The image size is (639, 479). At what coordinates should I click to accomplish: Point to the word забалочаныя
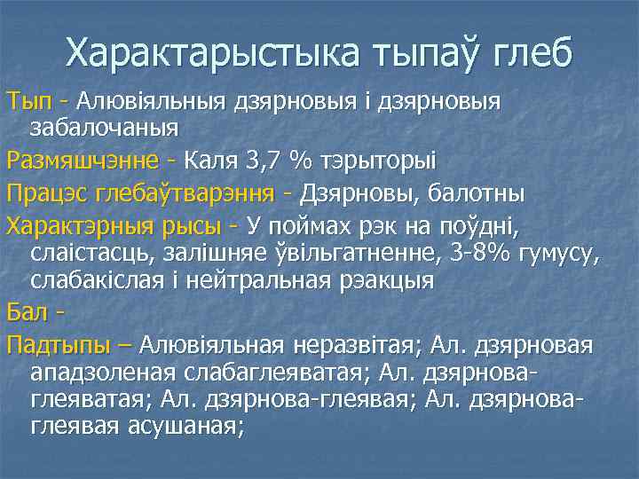point(105,127)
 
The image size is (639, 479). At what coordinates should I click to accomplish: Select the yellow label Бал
point(24,313)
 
